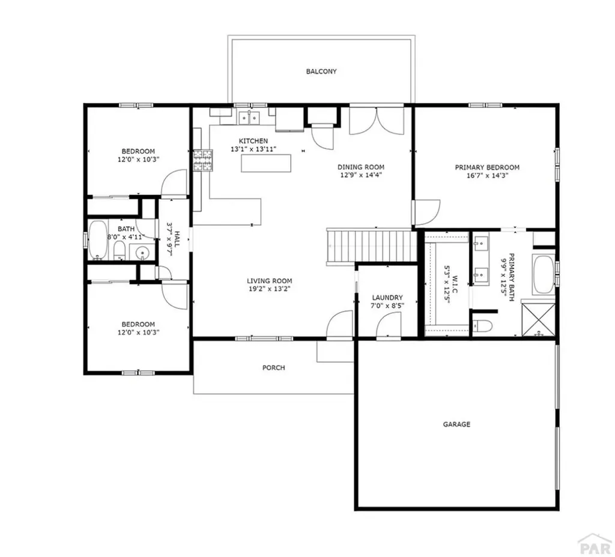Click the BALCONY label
pos(321,71)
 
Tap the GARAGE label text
pos(456,424)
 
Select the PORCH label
pos(273,367)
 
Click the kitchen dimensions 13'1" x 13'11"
pos(253,149)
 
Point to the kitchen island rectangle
pos(266,163)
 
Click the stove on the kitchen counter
pos(202,160)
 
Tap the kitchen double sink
pos(248,118)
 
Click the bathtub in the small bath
pos(98,240)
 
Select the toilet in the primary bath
pos(482,327)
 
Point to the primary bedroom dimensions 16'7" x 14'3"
pos(487,176)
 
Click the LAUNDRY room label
pos(387,298)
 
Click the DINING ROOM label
pos(360,167)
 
